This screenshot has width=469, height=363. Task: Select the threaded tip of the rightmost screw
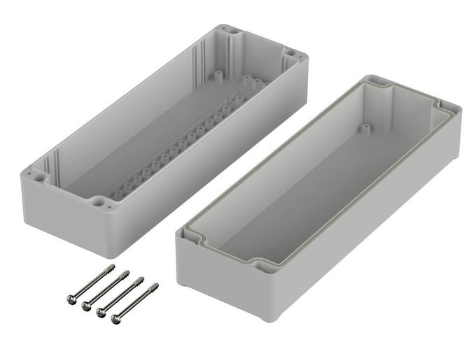(x=155, y=285)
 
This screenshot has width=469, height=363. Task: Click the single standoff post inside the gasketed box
(x=365, y=128)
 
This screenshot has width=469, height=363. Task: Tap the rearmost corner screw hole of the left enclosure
(x=230, y=31)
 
